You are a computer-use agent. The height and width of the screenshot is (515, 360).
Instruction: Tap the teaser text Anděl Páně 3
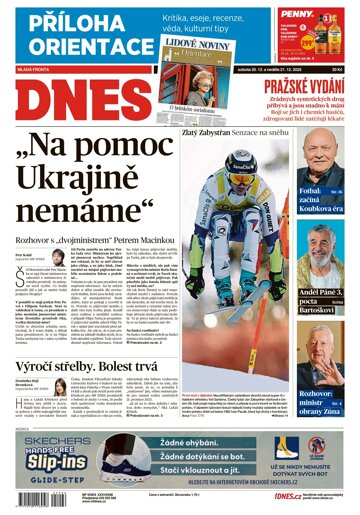(x=316, y=291)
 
